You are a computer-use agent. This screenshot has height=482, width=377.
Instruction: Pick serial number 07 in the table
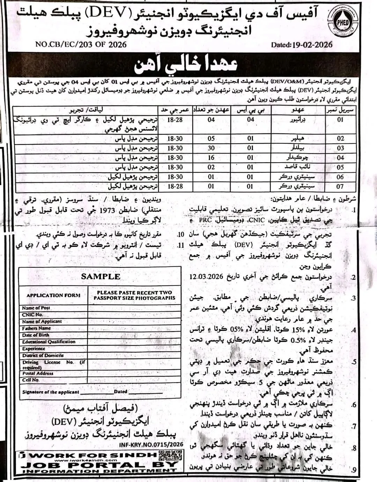pos(340,187)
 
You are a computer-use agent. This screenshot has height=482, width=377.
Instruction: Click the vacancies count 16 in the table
pos(211,158)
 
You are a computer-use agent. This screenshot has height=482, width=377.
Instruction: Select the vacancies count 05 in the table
pos(211,139)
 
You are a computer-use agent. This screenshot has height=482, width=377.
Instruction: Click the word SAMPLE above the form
pos(101,276)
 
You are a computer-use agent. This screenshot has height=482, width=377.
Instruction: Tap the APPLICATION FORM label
pos(53,295)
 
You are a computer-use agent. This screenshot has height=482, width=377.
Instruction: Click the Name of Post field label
pos(36,308)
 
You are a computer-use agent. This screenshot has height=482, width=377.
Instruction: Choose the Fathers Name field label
pos(36,328)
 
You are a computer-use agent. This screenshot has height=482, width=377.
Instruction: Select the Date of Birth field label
pos(36,335)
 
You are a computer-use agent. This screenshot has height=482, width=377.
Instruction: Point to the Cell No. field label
pos(31,380)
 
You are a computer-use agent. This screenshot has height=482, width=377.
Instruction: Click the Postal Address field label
pos(38,373)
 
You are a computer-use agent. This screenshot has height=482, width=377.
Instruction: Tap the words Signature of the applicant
pos(51,392)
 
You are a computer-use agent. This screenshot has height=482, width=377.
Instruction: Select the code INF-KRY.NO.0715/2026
pos(151,445)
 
